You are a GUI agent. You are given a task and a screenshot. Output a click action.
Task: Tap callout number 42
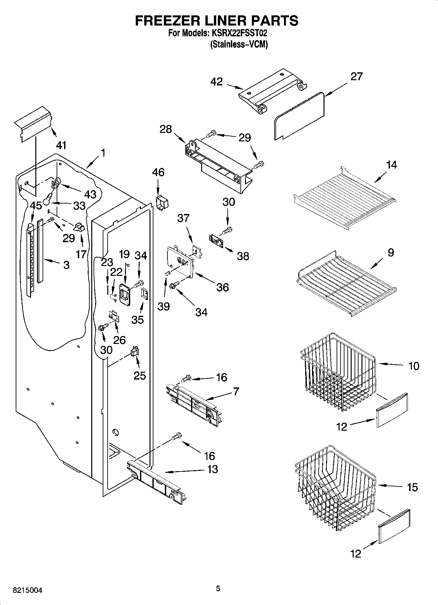tap(217, 81)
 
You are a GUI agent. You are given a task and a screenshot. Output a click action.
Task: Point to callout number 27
tap(357, 77)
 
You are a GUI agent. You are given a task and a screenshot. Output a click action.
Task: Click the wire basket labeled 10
tap(337, 373)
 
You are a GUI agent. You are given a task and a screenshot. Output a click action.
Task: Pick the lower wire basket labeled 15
tap(335, 494)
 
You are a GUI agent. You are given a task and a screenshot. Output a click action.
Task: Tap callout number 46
tap(158, 172)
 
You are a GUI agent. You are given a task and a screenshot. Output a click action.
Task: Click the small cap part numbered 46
tap(162, 203)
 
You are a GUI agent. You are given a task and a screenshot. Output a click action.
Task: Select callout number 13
tap(213, 469)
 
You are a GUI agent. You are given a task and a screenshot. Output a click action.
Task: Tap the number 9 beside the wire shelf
tap(391, 253)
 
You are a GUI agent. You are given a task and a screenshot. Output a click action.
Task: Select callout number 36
tap(222, 287)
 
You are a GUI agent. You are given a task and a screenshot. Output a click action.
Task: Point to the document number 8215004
tap(27, 591)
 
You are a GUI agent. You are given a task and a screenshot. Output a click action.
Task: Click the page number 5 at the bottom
tap(218, 589)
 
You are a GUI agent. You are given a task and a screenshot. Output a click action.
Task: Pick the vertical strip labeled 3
tap(40, 250)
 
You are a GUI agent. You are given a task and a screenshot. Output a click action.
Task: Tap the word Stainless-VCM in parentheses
tap(239, 44)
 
